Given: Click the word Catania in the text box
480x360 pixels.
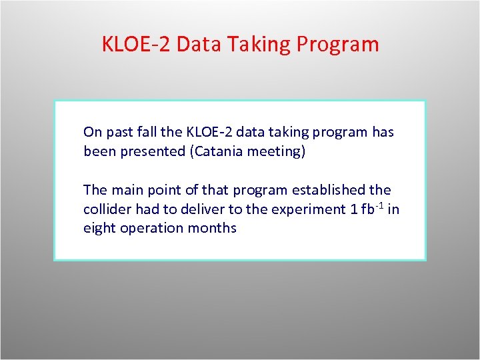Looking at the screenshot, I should [x=218, y=151].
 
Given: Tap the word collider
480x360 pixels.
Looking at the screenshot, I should [x=107, y=209].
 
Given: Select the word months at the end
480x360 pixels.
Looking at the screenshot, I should [x=213, y=228].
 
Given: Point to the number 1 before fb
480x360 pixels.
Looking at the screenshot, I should [x=353, y=209].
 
